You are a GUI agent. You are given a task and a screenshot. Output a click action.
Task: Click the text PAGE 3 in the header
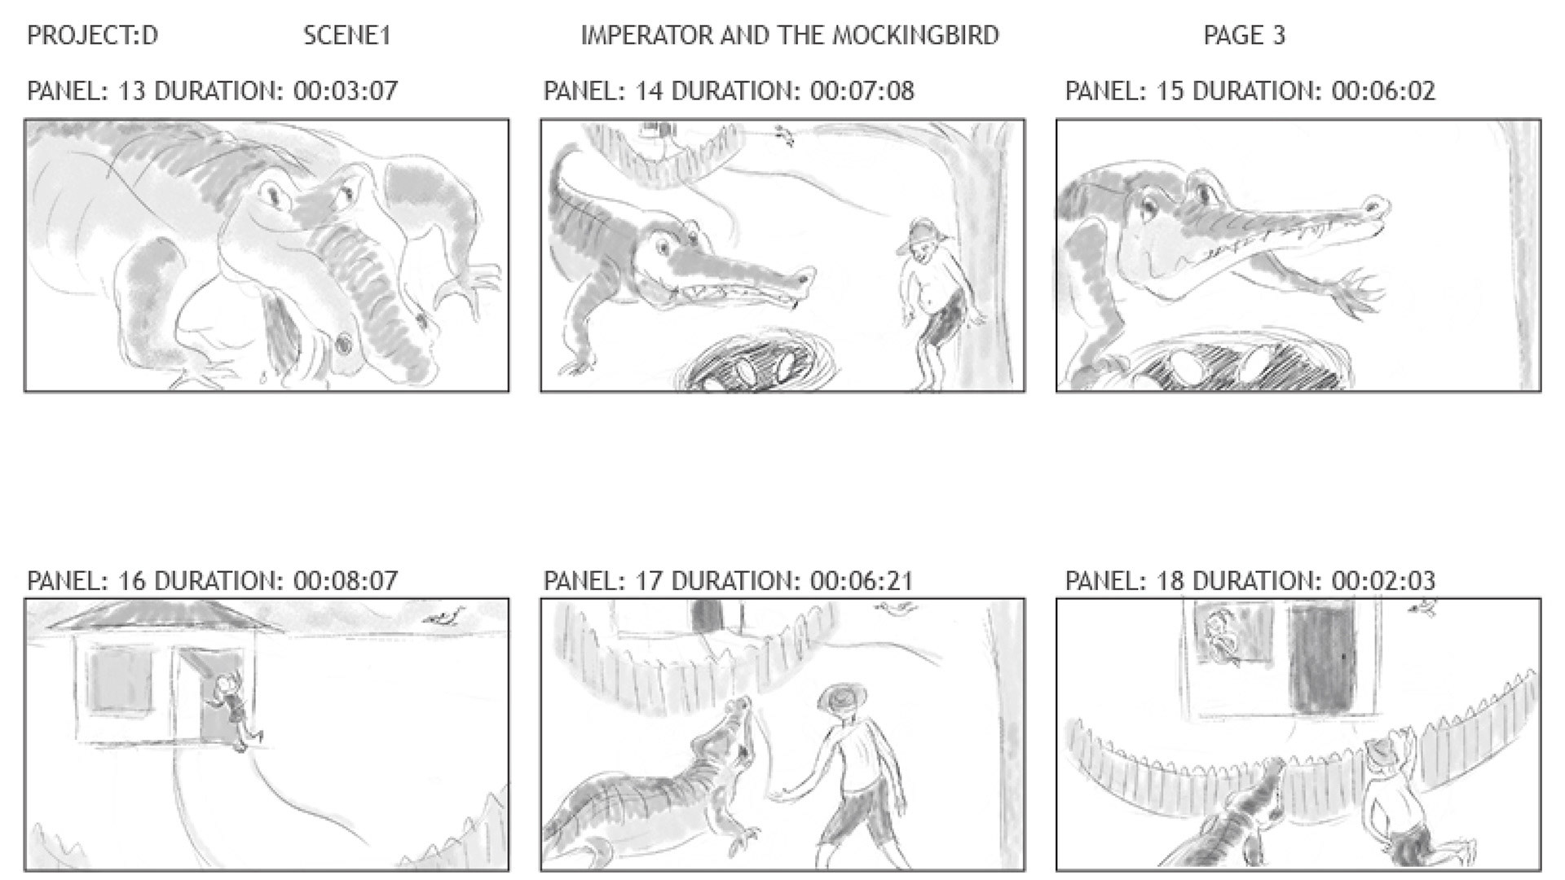click(x=1244, y=35)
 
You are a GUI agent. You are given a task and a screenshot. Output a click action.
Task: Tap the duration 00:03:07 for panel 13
click(x=346, y=90)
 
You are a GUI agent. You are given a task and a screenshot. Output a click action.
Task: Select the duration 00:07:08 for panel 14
click(x=862, y=90)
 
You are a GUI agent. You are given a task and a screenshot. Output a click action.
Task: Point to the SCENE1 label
click(x=347, y=35)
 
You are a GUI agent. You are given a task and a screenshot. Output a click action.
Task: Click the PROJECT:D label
click(x=92, y=35)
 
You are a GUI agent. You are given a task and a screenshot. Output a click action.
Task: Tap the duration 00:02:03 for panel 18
click(x=1383, y=581)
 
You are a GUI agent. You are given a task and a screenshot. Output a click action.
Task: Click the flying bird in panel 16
click(x=445, y=616)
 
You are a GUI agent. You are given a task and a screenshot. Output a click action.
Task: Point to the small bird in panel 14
click(x=784, y=134)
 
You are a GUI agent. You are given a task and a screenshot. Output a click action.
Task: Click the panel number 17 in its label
click(x=648, y=581)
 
